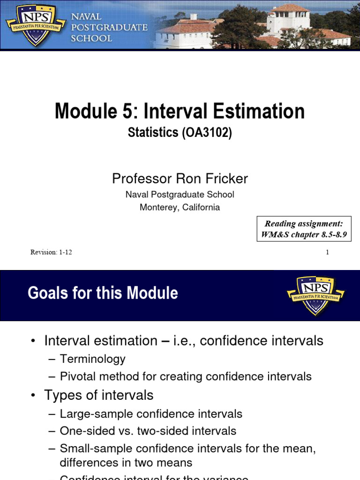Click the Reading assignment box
point(304,229)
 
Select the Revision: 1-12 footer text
point(51,252)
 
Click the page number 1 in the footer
point(327,252)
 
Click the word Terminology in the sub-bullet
point(93,359)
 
